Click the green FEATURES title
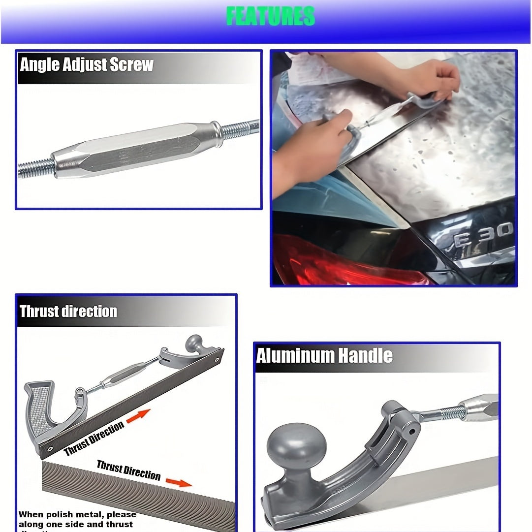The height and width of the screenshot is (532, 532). (270, 16)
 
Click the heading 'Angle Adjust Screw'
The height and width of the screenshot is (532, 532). (87, 65)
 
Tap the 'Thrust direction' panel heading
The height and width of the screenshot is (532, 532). (68, 312)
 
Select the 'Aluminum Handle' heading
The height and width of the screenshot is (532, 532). (324, 355)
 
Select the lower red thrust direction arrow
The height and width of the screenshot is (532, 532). (178, 482)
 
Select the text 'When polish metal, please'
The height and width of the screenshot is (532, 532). (77, 515)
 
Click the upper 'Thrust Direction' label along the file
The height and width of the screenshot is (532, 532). (94, 439)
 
